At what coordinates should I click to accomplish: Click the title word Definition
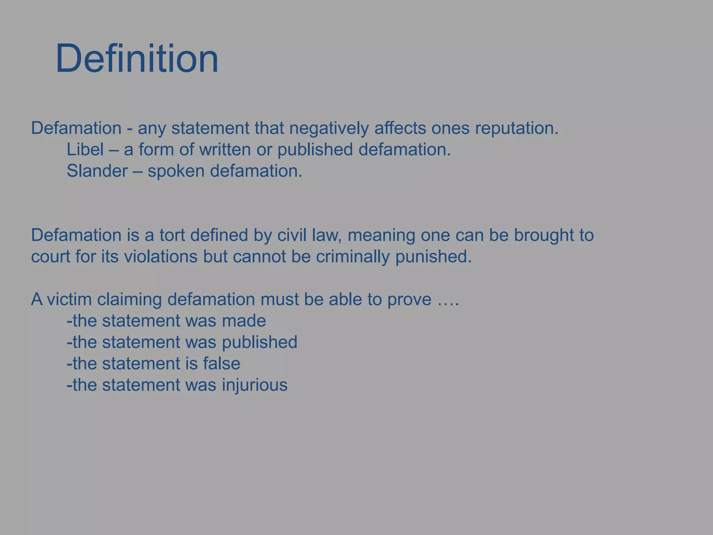(x=137, y=58)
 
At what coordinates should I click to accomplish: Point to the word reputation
(x=517, y=129)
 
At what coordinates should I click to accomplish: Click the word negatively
(x=329, y=129)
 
